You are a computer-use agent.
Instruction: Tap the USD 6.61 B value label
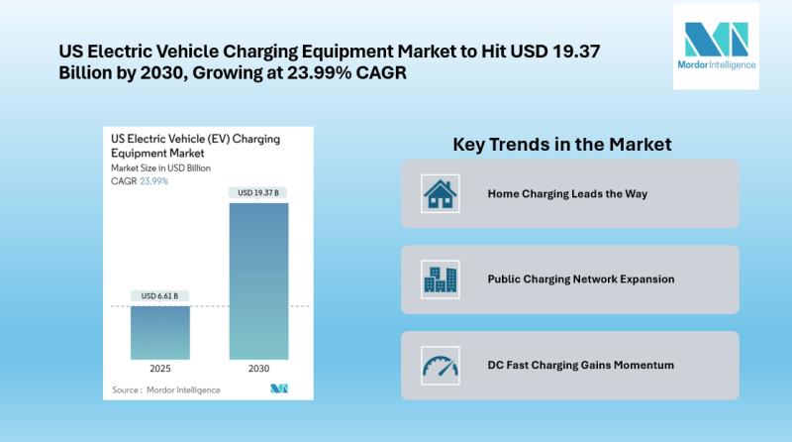(x=160, y=295)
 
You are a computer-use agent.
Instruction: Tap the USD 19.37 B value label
(x=258, y=192)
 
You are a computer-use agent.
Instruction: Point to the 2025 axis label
(x=160, y=368)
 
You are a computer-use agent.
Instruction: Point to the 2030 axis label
(x=258, y=368)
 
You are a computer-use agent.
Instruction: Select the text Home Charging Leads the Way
(x=567, y=193)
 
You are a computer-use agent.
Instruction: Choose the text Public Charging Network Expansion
(x=581, y=279)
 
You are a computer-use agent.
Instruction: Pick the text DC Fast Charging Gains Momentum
(x=581, y=365)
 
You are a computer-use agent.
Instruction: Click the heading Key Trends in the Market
(x=562, y=145)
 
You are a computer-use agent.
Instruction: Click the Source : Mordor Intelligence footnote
(x=154, y=389)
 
